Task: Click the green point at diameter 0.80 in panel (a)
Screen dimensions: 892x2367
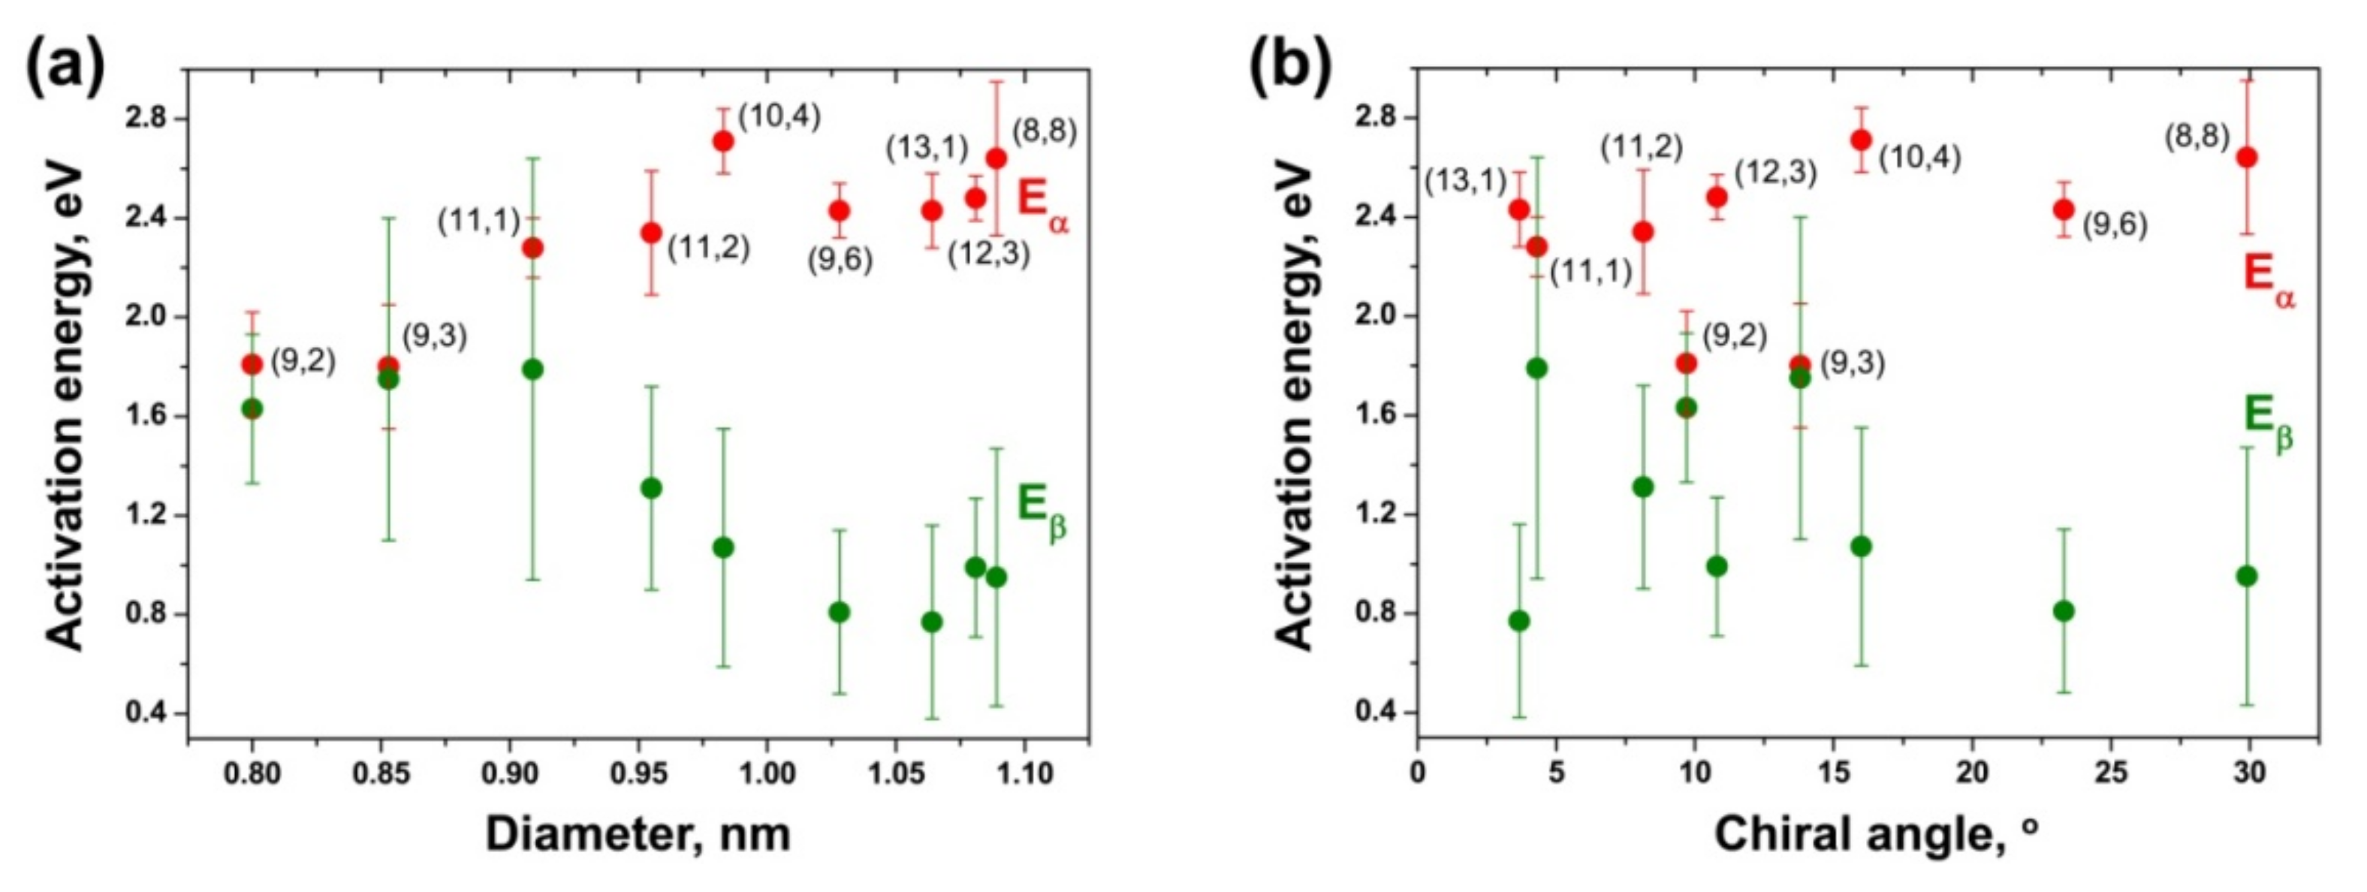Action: [x=252, y=408]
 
